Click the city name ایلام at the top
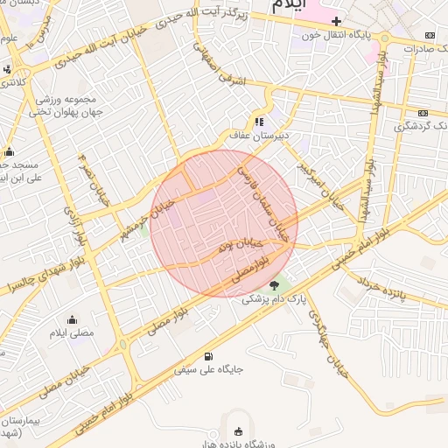coord(291,6)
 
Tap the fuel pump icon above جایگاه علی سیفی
coord(207,356)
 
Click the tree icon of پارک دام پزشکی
coord(275,285)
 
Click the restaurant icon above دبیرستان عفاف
coord(259,122)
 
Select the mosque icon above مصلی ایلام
coord(72,319)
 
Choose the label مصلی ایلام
coord(72,333)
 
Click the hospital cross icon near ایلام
coord(336,19)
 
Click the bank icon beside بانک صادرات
coord(429,35)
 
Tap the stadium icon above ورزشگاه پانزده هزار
coord(239,431)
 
